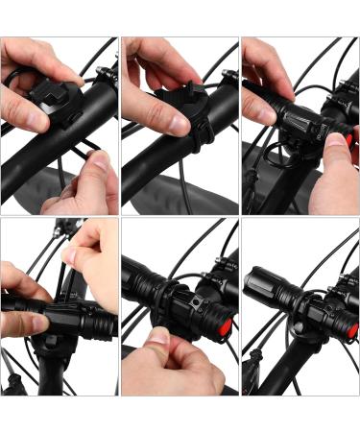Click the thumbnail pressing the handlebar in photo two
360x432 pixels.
point(179,123)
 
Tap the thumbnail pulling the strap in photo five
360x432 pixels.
point(159,340)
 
